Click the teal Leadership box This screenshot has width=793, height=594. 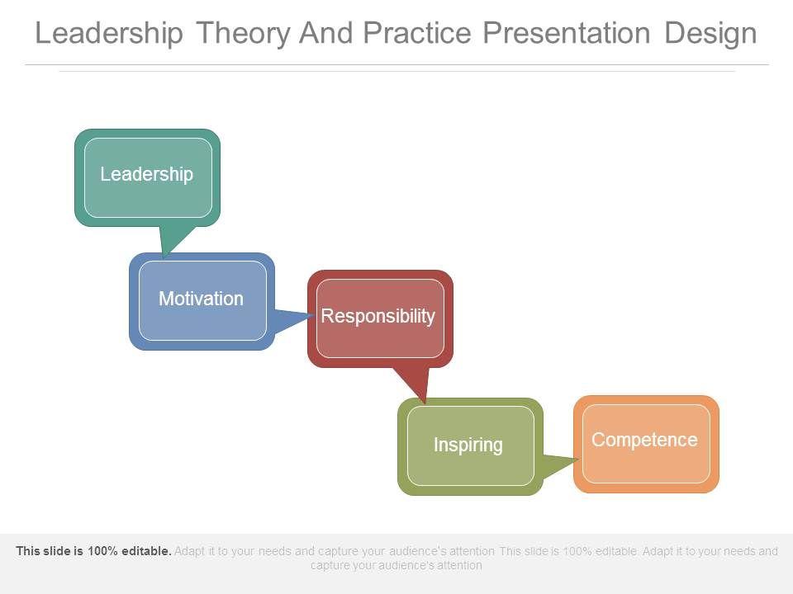[147, 178]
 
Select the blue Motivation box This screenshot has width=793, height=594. [202, 302]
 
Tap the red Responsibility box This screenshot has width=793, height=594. [380, 318]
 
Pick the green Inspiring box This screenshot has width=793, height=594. [470, 446]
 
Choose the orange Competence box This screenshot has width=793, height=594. [646, 444]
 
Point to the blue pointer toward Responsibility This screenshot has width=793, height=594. [292, 321]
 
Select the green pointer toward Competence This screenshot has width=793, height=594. [559, 465]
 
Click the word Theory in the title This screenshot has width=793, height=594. [244, 34]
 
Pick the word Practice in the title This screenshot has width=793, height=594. [418, 33]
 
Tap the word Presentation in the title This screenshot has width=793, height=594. [567, 33]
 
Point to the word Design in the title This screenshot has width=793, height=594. [710, 34]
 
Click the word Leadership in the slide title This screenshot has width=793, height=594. [109, 34]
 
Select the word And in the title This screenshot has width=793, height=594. [325, 33]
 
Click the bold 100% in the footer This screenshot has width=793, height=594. [102, 550]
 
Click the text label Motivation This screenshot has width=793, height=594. [202, 299]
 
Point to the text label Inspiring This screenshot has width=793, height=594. [468, 445]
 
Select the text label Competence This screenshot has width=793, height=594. [645, 440]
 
